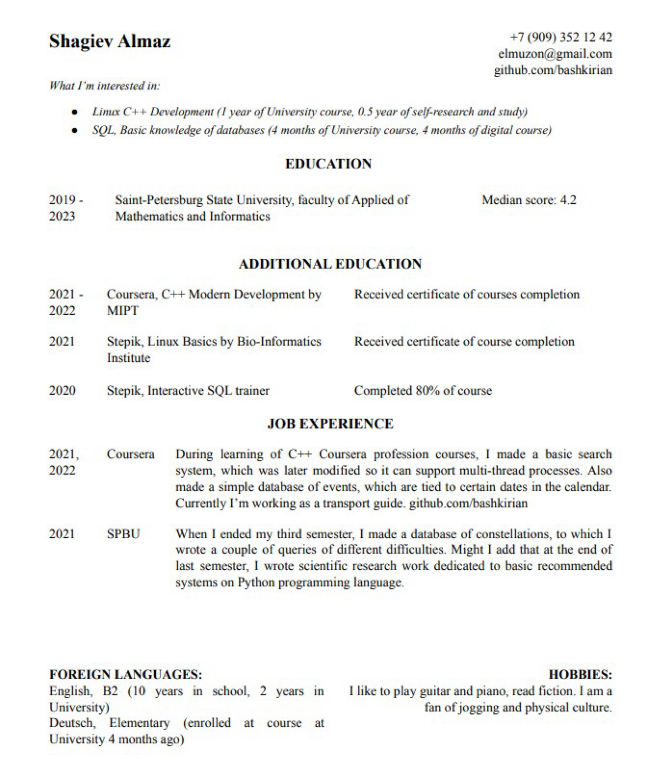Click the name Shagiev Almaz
click(109, 42)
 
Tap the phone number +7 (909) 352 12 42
click(561, 37)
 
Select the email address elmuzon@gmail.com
click(555, 54)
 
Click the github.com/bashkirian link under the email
click(553, 70)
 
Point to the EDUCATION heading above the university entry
click(328, 164)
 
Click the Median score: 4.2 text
click(528, 200)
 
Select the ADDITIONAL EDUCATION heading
click(330, 264)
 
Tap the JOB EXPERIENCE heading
click(330, 424)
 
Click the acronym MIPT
click(122, 311)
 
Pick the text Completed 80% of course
click(423, 390)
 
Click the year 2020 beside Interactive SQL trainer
click(62, 390)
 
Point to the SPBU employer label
click(123, 534)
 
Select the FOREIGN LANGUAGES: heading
click(126, 675)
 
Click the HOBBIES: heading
click(580, 675)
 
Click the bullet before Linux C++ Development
click(75, 112)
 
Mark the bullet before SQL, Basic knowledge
click(75, 130)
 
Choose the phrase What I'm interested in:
click(105, 86)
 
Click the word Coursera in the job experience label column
click(130, 454)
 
